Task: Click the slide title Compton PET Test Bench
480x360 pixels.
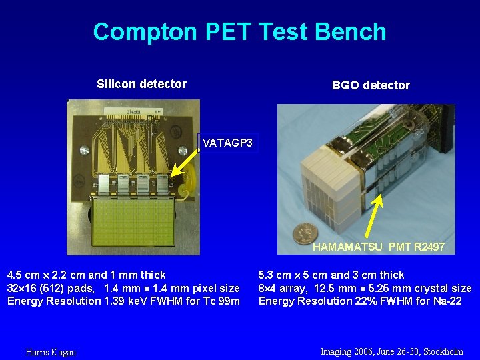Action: tap(239, 31)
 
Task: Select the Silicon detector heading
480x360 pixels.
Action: tap(141, 84)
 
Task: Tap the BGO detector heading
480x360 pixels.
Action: tap(371, 85)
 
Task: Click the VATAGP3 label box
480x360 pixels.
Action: tap(227, 143)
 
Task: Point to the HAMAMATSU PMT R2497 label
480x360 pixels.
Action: tap(378, 247)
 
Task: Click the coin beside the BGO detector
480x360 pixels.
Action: tap(306, 233)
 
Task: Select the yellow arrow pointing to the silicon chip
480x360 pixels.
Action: tap(186, 162)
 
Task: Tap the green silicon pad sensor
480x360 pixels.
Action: tap(133, 226)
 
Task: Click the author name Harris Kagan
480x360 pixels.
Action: tap(51, 352)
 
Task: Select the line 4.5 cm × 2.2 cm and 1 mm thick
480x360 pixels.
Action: tap(86, 275)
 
